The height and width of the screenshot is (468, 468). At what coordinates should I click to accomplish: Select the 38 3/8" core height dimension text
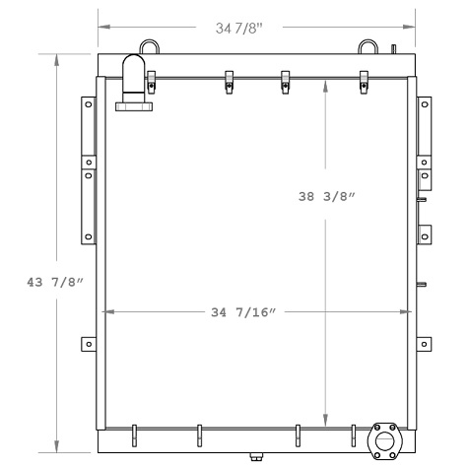coord(326,196)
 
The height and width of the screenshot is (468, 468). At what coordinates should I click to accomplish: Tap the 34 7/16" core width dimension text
coord(240,312)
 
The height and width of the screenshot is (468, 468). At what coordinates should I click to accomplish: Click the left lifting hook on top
coord(149,45)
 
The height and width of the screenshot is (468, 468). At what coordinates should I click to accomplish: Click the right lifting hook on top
coord(368,45)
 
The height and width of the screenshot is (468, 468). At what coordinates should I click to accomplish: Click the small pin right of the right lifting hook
coord(393,48)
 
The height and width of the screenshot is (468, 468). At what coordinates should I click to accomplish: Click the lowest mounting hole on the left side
coord(88,344)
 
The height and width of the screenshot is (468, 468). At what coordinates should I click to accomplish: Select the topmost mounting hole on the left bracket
coord(88,102)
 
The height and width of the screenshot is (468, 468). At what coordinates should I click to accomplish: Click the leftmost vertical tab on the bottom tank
coord(133,433)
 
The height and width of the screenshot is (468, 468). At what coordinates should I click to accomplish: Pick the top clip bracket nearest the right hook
coord(363,82)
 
